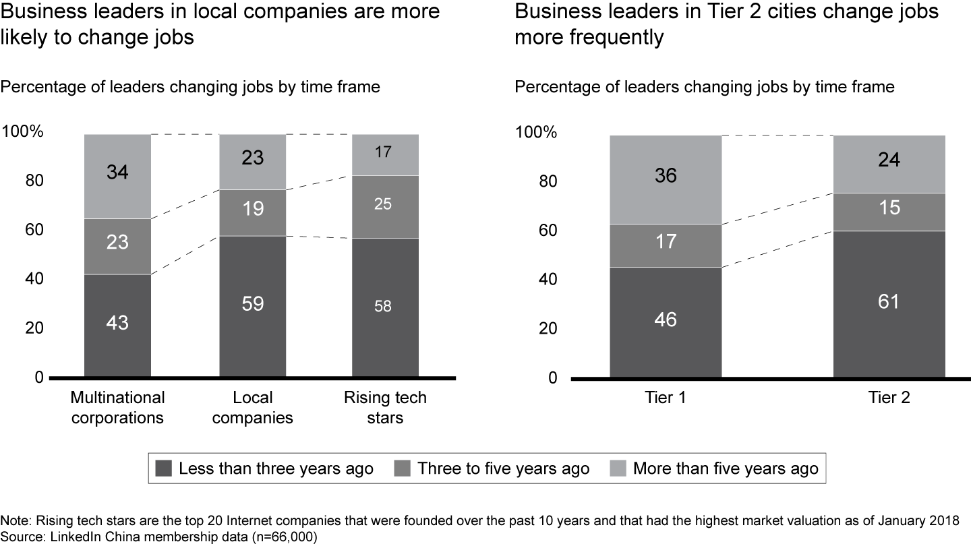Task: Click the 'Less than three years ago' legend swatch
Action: click(164, 468)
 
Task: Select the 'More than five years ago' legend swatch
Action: click(618, 468)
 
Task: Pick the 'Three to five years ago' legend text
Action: click(503, 468)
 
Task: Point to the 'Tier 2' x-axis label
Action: click(889, 398)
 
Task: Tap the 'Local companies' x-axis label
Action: click(253, 408)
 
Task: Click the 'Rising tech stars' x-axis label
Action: click(385, 408)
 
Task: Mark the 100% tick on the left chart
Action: click(23, 132)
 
